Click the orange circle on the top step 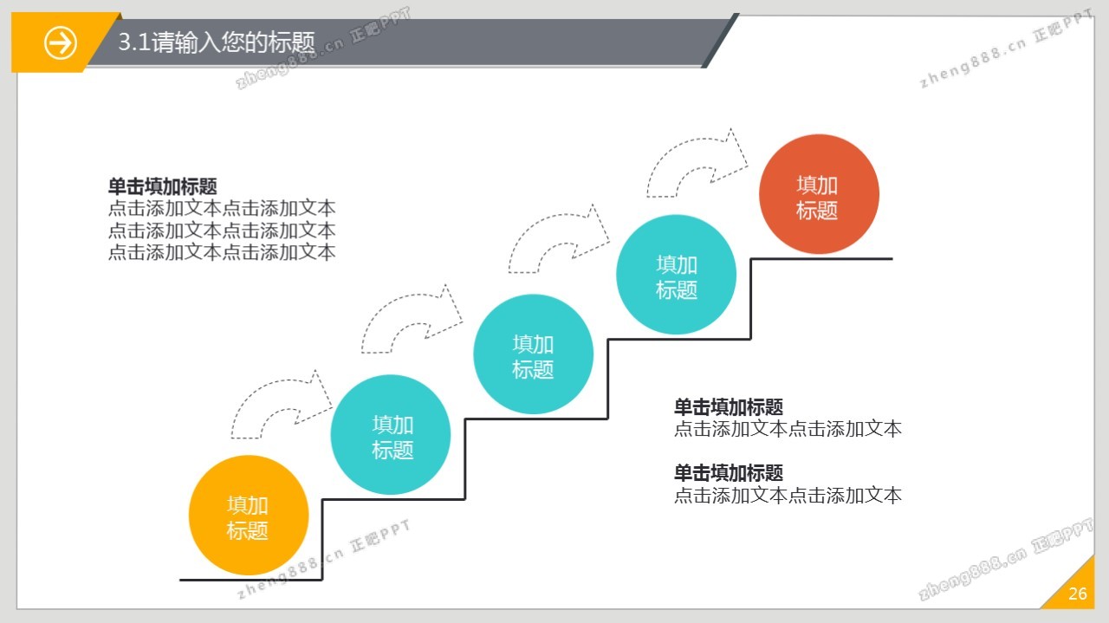tap(819, 194)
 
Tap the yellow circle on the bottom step tap(249, 516)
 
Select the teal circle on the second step tap(391, 435)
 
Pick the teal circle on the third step tap(533, 354)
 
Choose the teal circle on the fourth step tap(676, 275)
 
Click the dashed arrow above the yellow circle tap(279, 405)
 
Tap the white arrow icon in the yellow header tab tap(61, 42)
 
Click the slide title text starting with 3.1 tap(217, 42)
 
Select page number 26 tap(1078, 594)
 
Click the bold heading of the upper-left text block tap(162, 186)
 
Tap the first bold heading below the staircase tap(729, 406)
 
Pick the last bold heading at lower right tap(729, 472)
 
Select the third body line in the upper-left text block tap(222, 252)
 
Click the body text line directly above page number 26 tap(788, 496)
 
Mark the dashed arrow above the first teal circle tap(410, 321)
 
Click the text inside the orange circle tap(817, 198)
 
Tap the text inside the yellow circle tap(248, 518)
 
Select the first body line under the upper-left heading tap(222, 208)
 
